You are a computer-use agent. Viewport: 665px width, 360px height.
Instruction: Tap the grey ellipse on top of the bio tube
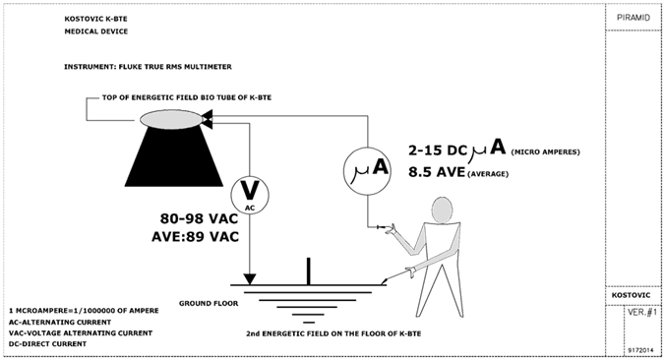click(171, 119)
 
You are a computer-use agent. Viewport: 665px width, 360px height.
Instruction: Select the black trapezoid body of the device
click(174, 157)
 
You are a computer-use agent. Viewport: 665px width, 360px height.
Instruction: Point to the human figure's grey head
click(443, 210)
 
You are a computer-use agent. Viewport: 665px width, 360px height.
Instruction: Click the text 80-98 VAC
click(199, 218)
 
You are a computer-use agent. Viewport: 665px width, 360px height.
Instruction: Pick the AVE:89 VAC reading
click(195, 236)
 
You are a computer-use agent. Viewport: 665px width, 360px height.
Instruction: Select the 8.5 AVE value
click(437, 172)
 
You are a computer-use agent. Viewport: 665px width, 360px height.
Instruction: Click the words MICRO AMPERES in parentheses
click(545, 151)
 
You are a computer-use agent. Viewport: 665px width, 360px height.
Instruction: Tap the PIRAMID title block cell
click(634, 18)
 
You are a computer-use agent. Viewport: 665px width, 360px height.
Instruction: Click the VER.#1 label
click(642, 312)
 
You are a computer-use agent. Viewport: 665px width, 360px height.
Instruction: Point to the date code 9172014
click(640, 350)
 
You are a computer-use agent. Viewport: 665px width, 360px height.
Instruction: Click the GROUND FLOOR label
click(209, 303)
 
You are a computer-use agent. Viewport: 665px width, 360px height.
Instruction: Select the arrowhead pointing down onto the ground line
click(250, 279)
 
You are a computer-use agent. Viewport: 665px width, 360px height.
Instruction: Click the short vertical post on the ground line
click(308, 270)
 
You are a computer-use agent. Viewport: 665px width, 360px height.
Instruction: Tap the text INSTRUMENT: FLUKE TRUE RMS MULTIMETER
click(148, 67)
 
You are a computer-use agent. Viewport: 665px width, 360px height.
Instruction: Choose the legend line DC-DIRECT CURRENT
click(47, 344)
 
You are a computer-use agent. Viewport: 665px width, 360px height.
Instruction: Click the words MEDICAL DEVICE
click(95, 31)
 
